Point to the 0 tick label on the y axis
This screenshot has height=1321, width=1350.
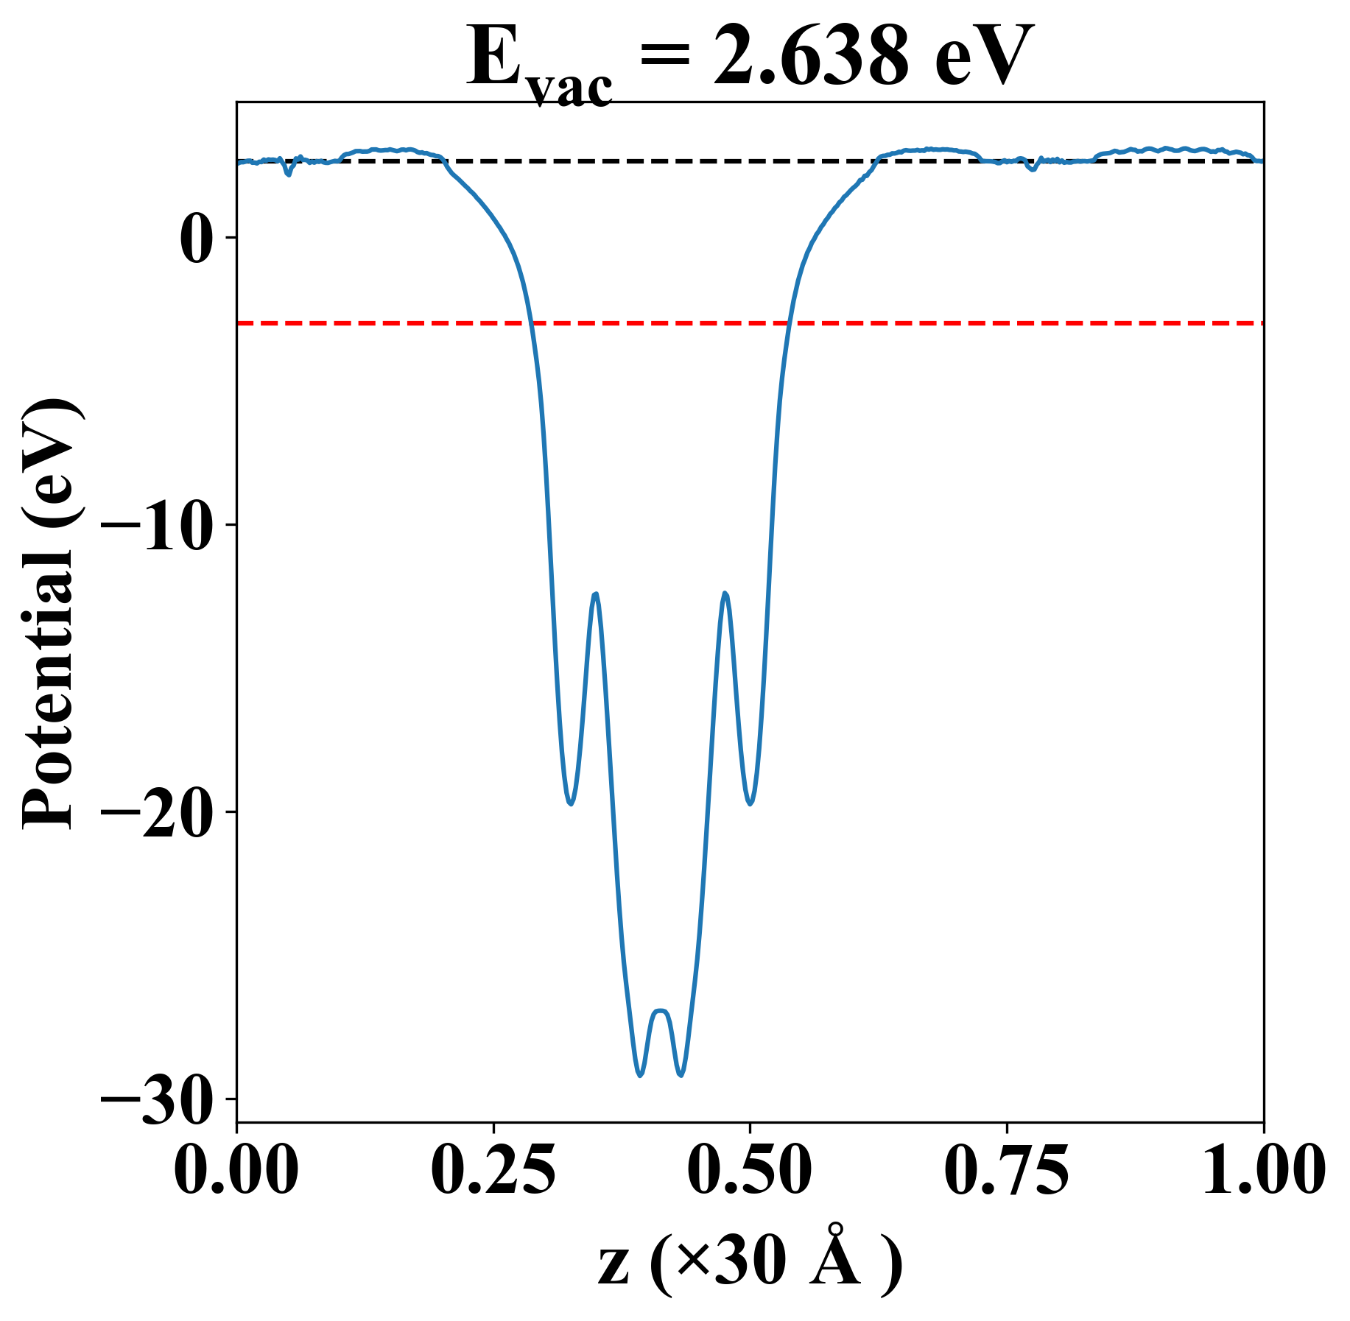(x=197, y=237)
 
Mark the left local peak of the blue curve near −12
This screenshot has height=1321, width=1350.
(x=595, y=593)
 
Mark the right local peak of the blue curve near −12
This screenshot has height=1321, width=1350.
(x=725, y=593)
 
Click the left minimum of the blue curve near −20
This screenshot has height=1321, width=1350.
(x=570, y=803)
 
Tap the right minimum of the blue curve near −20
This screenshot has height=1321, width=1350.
(x=750, y=803)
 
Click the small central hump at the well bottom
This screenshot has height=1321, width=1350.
(x=661, y=1011)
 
